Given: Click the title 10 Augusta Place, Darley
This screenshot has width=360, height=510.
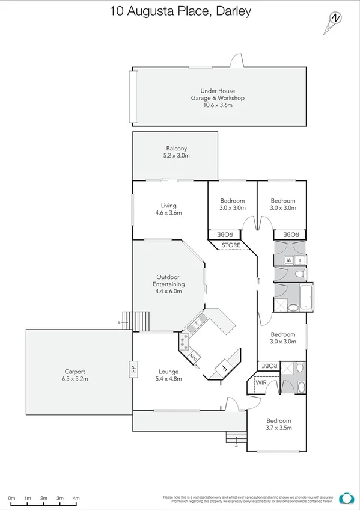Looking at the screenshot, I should click(180, 11).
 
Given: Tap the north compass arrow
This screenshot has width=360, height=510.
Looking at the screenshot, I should click(333, 20).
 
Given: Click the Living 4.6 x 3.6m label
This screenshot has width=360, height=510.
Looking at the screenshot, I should click(168, 209).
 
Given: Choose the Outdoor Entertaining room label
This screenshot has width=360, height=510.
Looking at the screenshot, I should click(168, 284).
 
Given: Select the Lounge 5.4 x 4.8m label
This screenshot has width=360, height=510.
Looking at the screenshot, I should click(170, 375).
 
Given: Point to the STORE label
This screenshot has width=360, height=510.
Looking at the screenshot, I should click(231, 245).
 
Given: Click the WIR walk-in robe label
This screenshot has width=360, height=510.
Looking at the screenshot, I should click(261, 382).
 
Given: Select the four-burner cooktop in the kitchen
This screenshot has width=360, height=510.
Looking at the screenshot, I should click(183, 342).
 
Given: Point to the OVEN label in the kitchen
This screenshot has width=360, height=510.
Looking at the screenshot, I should click(194, 357).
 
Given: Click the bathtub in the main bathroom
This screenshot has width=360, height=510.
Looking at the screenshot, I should click(307, 297).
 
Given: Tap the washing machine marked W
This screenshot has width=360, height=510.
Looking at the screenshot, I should click(288, 260).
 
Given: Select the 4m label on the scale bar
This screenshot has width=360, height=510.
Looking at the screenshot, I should click(76, 499).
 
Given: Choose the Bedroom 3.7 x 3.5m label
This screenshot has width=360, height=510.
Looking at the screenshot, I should click(279, 425).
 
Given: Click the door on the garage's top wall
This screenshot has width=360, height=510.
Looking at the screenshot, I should click(237, 62).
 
